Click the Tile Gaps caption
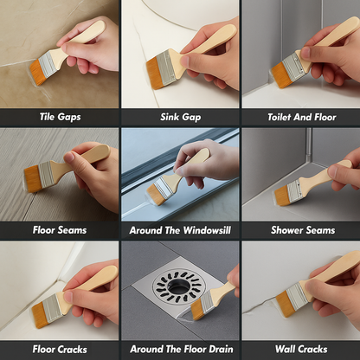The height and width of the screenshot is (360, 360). [x=60, y=117]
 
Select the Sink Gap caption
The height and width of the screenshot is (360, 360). [x=181, y=117]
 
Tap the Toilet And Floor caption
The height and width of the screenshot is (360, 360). [x=302, y=117]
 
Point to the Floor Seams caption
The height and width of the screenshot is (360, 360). [x=60, y=230]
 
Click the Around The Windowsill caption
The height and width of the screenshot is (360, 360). [x=180, y=230]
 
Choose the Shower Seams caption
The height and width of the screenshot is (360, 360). [x=303, y=230]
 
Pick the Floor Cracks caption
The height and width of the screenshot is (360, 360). [x=60, y=350]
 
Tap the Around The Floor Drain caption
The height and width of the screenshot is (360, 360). [x=182, y=350]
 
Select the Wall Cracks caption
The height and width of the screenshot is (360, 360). [x=301, y=350]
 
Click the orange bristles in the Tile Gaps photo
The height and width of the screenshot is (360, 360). [x=37, y=72]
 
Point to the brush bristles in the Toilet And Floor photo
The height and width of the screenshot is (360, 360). [x=280, y=75]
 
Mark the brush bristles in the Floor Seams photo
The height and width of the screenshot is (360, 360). [x=33, y=179]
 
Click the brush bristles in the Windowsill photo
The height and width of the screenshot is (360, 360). [x=155, y=195]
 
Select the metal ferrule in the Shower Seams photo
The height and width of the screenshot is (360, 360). [x=294, y=190]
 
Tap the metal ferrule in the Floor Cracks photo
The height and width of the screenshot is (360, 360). [x=53, y=309]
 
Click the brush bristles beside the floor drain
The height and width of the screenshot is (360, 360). [x=197, y=310]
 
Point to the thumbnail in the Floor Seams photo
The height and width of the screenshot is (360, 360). [x=68, y=157]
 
